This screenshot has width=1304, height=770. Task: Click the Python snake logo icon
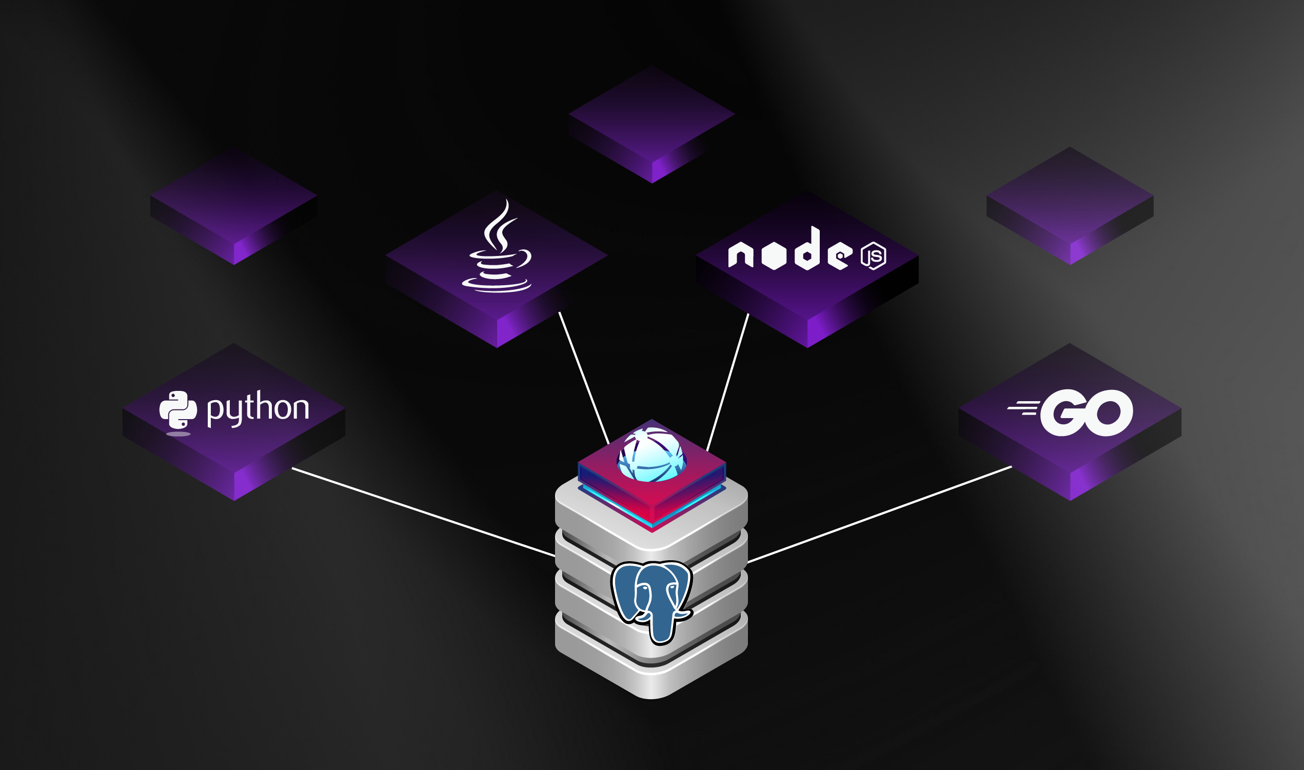(178, 409)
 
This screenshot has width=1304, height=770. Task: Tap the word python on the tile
(258, 408)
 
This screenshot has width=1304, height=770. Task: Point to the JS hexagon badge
(874, 256)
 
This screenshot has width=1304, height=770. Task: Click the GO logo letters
(1086, 413)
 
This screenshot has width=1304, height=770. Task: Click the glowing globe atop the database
(651, 454)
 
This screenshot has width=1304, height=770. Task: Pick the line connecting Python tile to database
(423, 512)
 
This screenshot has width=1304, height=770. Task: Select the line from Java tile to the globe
(584, 377)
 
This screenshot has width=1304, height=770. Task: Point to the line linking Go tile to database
(879, 515)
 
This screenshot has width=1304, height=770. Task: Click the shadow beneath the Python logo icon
(179, 434)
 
